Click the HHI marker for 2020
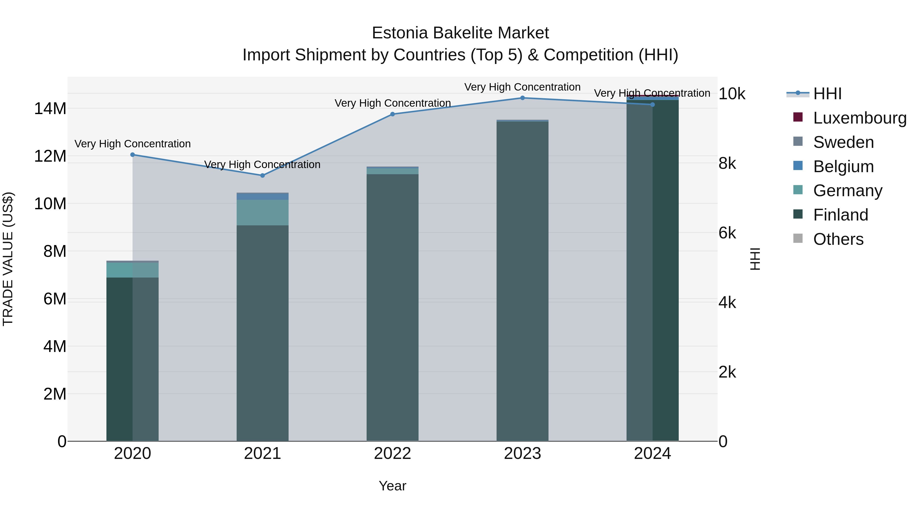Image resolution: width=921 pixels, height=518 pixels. (x=132, y=155)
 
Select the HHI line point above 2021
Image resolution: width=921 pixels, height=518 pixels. (x=262, y=175)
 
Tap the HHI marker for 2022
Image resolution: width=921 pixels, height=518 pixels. (x=392, y=114)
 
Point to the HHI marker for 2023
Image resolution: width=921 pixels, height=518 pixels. (x=522, y=98)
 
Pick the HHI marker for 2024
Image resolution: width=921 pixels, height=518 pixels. (x=652, y=105)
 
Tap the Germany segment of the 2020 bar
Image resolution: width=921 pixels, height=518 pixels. (x=132, y=270)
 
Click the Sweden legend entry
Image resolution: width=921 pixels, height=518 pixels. (x=843, y=142)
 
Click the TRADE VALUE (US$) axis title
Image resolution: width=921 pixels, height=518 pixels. (x=8, y=259)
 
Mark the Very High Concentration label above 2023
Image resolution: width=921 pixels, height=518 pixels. (x=522, y=87)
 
